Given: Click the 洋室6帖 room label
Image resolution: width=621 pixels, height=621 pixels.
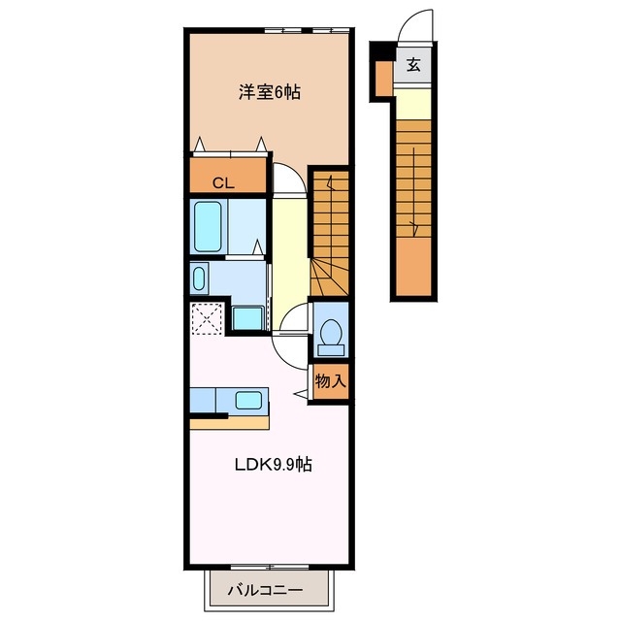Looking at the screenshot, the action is pyautogui.click(x=270, y=92).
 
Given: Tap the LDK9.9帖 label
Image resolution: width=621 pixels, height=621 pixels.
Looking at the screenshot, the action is pyautogui.click(x=274, y=464).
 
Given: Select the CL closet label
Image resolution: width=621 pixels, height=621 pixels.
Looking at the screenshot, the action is pyautogui.click(x=224, y=183).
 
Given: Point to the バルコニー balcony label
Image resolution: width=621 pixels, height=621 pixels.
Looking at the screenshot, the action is pyautogui.click(x=265, y=591).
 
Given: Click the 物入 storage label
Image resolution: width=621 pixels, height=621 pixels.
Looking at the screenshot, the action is pyautogui.click(x=330, y=381).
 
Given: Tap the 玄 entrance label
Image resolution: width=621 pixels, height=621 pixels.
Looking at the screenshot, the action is pyautogui.click(x=413, y=64).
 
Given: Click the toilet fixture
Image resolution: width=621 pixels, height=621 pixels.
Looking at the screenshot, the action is pyautogui.click(x=331, y=338).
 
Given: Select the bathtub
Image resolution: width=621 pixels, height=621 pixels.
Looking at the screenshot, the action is pyautogui.click(x=208, y=226).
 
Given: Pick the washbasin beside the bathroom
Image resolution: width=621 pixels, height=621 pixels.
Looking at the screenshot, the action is pyautogui.click(x=199, y=278).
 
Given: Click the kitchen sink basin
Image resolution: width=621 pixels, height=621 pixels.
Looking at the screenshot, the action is pyautogui.click(x=248, y=400).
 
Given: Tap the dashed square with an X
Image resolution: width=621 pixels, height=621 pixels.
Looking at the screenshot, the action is pyautogui.click(x=206, y=318).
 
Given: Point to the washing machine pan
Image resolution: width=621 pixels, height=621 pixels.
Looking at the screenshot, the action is pyautogui.click(x=248, y=318).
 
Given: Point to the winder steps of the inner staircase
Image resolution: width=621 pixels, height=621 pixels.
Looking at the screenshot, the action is pyautogui.click(x=330, y=277).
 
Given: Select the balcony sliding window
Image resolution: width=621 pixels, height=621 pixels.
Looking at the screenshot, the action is pyautogui.click(x=270, y=568).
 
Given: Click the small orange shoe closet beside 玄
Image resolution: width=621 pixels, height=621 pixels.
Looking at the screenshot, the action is pyautogui.click(x=383, y=79).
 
